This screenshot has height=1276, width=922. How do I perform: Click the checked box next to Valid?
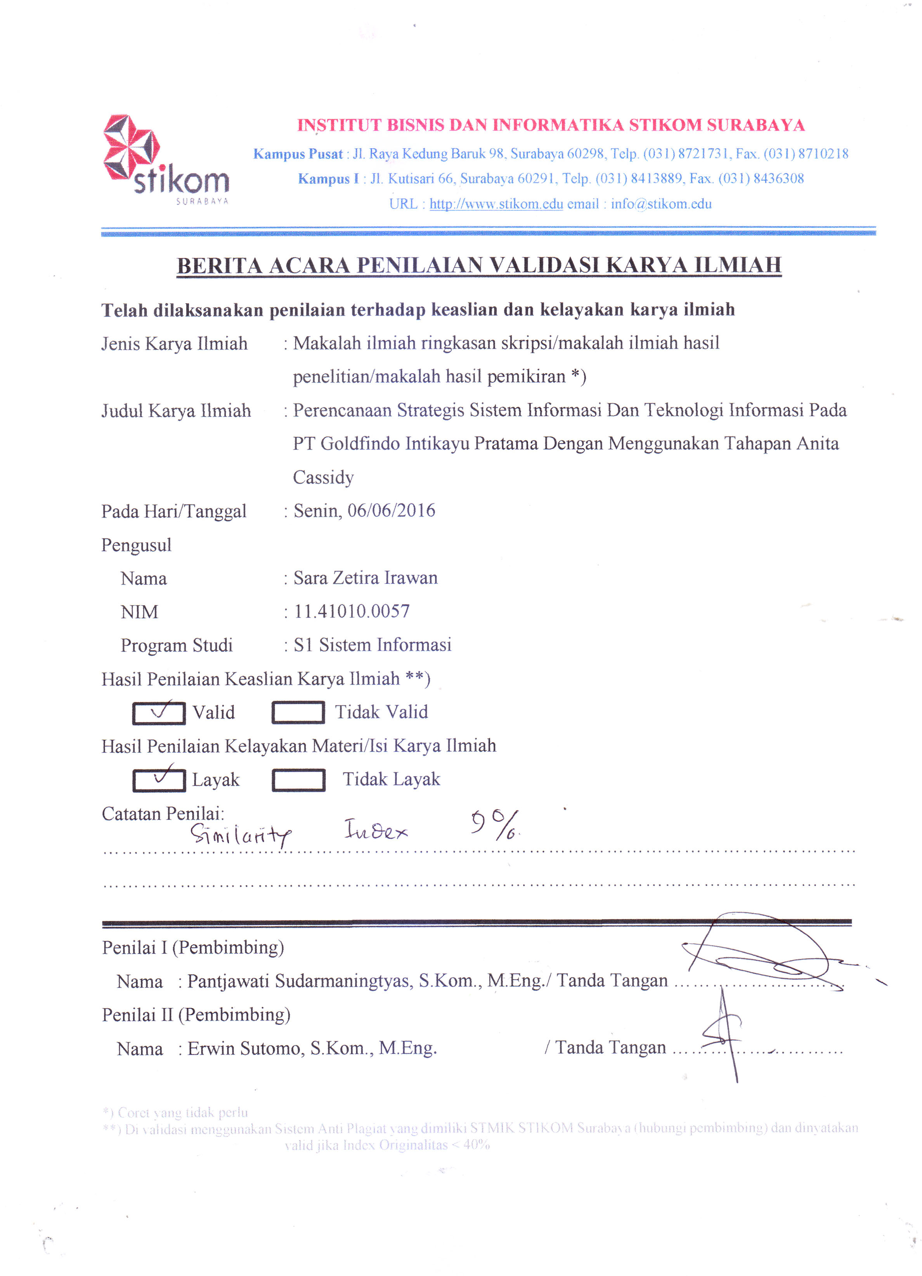point(159,713)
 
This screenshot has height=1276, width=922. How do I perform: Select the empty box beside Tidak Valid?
point(298,712)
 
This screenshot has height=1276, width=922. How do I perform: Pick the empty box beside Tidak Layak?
point(298,780)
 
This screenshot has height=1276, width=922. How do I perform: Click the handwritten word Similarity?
point(240,834)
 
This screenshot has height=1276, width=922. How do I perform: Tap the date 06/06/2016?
point(391,510)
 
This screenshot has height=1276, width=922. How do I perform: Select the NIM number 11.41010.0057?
point(352,611)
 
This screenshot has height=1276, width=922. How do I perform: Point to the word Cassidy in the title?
point(324,477)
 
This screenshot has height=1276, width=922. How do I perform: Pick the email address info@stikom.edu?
point(661,204)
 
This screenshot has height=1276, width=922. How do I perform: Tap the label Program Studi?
point(176,645)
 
